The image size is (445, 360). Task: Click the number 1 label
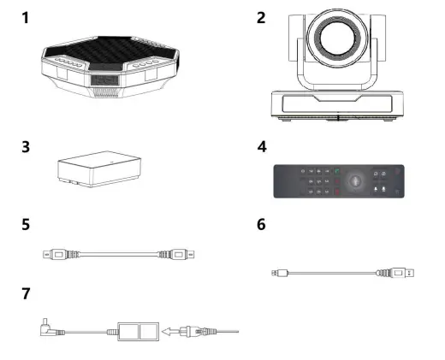[27, 17]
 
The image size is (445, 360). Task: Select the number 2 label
[262, 17]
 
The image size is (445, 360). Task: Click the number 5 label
[27, 226]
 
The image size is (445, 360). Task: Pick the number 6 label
[262, 226]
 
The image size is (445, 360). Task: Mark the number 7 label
[27, 293]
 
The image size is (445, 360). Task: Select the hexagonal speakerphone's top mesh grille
[110, 56]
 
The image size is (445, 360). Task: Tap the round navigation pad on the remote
[358, 180]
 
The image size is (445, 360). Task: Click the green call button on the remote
[335, 172]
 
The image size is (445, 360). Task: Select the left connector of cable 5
[54, 254]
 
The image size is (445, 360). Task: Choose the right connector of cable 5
[180, 254]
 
